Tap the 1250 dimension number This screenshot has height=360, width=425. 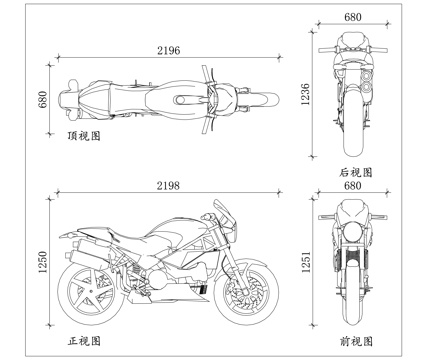tap(42, 263)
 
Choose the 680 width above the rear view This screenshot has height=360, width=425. tap(352, 17)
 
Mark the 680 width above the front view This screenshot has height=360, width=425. tap(352, 186)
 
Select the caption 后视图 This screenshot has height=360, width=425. tap(355, 172)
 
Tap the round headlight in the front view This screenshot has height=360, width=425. tap(352, 231)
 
